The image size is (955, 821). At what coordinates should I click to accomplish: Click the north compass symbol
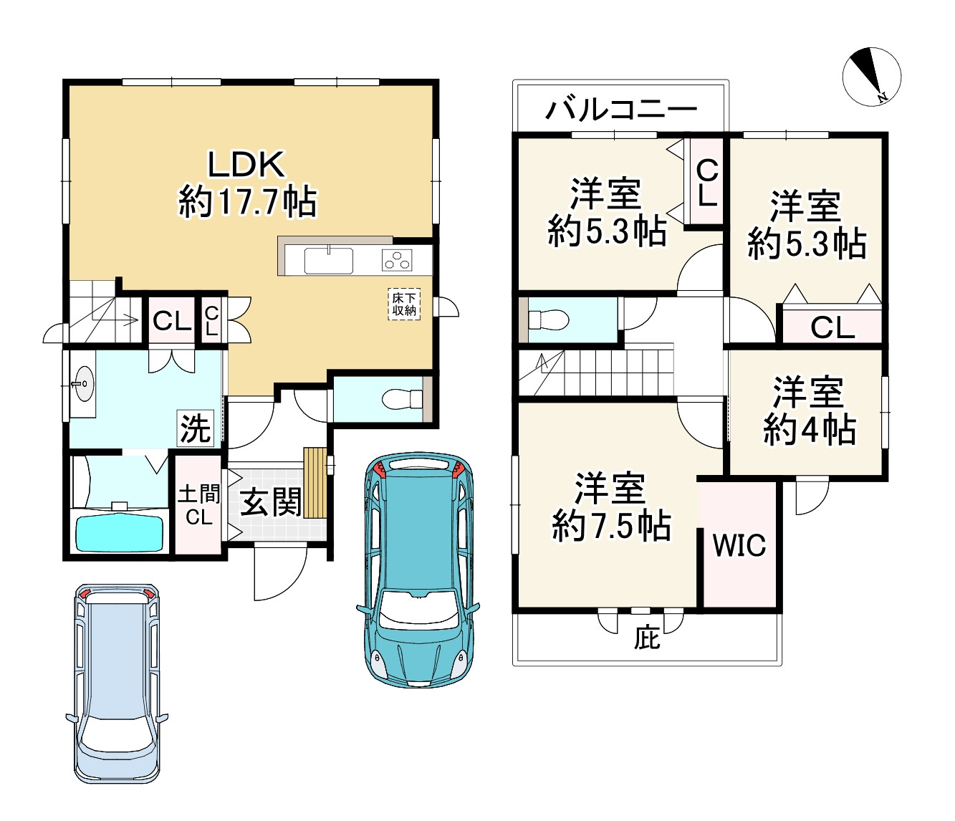871,77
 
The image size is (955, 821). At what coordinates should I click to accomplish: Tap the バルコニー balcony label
621,110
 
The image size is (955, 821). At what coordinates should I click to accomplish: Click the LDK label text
246,165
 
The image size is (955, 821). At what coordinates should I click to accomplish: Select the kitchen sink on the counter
329,261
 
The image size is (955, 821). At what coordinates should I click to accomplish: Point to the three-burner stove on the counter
397,259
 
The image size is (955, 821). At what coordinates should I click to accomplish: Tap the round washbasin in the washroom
83,383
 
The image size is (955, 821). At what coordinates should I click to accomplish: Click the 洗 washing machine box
196,428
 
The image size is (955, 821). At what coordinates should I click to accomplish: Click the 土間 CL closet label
199,504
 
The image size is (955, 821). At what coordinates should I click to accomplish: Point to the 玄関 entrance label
270,502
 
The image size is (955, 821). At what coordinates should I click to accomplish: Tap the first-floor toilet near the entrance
402,399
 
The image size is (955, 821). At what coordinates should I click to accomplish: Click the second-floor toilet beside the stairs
548,320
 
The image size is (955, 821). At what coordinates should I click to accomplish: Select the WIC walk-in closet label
739,544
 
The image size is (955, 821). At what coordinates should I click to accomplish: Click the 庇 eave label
646,640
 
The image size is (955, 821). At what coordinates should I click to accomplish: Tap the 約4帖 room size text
809,430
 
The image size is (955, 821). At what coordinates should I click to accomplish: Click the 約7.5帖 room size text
611,525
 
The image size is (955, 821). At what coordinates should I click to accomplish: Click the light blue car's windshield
117,739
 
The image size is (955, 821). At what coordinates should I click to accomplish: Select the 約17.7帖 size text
248,202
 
